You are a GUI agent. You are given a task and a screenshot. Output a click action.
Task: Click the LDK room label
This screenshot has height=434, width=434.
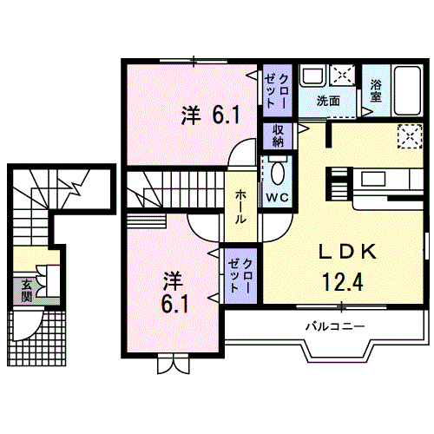347,252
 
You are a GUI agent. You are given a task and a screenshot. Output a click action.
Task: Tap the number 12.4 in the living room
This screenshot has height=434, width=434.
342,282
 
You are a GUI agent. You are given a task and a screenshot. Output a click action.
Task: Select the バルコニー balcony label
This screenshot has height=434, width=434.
335,326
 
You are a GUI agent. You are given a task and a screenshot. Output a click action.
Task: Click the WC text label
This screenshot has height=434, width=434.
277,198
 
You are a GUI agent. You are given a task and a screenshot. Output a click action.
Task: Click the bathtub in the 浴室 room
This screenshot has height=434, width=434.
408,91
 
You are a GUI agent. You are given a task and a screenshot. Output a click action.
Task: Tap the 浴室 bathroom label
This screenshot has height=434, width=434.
376,90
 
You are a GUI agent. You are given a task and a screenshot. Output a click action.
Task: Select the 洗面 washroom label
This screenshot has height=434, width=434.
328,101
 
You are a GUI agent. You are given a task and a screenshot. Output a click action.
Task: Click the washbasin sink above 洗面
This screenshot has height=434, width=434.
313,76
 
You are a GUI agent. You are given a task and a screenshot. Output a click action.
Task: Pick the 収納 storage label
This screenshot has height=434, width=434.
278,136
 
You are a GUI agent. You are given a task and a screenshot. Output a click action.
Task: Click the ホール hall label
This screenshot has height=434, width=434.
240,207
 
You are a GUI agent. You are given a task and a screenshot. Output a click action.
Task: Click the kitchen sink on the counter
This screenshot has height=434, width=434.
372,179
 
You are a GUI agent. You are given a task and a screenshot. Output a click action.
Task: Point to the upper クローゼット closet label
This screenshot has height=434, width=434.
277,91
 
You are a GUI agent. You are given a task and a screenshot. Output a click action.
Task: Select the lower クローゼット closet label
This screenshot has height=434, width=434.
240,276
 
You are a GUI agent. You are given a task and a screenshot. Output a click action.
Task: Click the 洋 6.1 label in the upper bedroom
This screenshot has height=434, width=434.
210,115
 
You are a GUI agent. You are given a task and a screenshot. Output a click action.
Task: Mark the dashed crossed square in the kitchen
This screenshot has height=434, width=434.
410,136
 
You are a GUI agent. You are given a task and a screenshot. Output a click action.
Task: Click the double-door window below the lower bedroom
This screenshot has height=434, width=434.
174,363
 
